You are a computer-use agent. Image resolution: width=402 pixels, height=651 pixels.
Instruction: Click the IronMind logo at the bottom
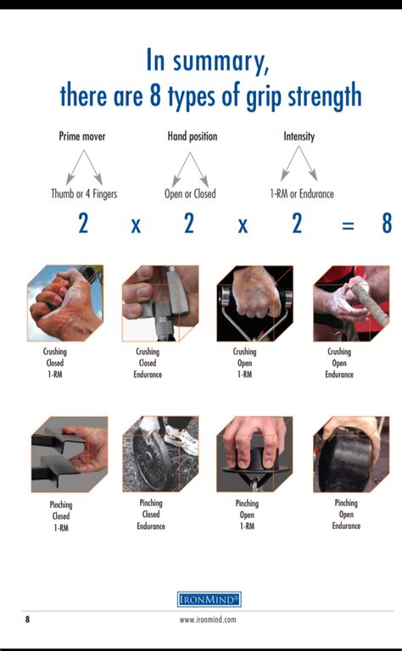pyautogui.click(x=209, y=599)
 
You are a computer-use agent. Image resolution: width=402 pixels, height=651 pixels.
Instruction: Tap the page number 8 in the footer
pyautogui.click(x=27, y=620)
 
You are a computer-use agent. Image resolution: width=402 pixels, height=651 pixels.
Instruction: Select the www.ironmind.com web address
pyautogui.click(x=208, y=620)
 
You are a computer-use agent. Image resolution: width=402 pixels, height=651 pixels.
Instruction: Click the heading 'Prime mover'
pyautogui.click(x=82, y=136)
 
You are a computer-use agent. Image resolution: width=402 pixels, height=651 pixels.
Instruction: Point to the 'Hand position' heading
pyautogui.click(x=193, y=136)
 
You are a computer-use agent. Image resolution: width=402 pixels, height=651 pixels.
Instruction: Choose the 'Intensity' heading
pyautogui.click(x=299, y=136)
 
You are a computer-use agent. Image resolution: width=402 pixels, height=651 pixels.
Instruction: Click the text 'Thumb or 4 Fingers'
pyautogui.click(x=84, y=194)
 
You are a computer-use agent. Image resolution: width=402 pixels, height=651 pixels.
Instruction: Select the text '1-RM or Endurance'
pyautogui.click(x=302, y=194)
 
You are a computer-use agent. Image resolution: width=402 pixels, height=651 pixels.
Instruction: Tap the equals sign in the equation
pyautogui.click(x=348, y=225)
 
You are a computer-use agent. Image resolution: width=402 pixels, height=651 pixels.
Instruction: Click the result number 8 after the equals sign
pyautogui.click(x=387, y=223)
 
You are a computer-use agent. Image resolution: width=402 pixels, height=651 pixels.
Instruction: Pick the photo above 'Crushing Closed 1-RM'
pyautogui.click(x=65, y=303)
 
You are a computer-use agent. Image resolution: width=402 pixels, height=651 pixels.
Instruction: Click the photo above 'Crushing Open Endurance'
pyautogui.click(x=351, y=303)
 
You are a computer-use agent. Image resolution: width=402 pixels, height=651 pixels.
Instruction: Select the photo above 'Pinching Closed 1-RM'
pyautogui.click(x=70, y=454)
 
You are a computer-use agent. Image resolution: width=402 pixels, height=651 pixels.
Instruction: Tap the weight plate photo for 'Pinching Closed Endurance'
pyautogui.click(x=160, y=454)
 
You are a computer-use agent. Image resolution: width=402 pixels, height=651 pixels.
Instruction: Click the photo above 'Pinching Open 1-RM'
pyautogui.click(x=254, y=454)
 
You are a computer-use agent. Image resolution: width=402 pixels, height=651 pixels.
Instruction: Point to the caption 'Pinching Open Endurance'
pyautogui.click(x=346, y=515)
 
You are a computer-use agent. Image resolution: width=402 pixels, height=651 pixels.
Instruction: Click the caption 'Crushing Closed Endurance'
pyautogui.click(x=148, y=363)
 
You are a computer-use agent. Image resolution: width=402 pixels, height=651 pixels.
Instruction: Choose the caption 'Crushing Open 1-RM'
pyautogui.click(x=244, y=363)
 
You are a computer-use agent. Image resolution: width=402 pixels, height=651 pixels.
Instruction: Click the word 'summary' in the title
pyautogui.click(x=221, y=62)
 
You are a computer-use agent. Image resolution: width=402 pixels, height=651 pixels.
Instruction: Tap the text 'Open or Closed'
pyautogui.click(x=190, y=194)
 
